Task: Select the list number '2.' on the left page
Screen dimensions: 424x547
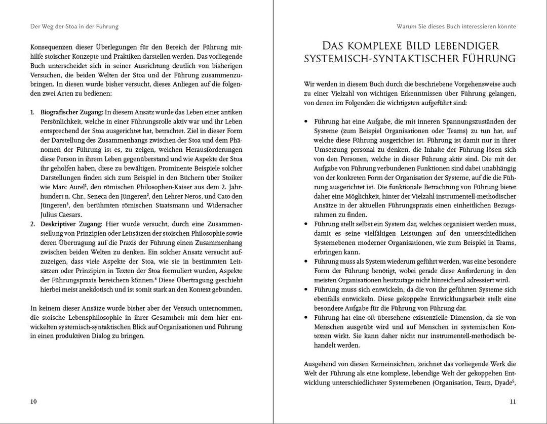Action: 33,224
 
